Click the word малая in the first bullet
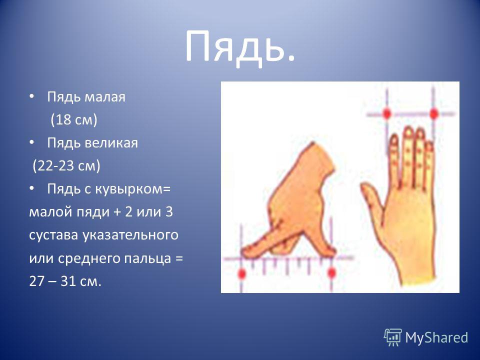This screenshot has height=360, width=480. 104,97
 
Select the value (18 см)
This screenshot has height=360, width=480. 74,119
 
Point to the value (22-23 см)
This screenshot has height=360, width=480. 66,166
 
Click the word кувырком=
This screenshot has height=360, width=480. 132,189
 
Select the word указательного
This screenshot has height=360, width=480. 130,235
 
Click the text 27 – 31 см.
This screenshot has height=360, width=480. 65,281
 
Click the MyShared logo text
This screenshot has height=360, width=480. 436,337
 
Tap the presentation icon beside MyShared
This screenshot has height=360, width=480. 393,337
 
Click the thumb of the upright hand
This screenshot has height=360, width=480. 371,196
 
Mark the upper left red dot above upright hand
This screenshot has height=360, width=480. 387,113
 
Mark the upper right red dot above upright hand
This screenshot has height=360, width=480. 434,114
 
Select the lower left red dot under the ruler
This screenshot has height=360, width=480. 242,273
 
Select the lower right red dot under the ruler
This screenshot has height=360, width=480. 331,272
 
